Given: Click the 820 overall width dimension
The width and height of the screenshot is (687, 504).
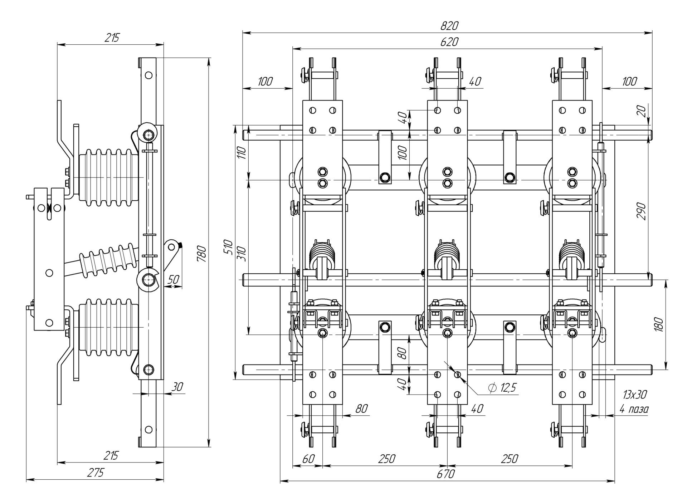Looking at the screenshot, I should (449, 26).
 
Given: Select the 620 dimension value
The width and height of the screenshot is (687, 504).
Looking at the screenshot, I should (449, 42).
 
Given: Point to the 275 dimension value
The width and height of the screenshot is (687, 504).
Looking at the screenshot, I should (96, 473).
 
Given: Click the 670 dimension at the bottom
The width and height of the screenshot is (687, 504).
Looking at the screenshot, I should (445, 474).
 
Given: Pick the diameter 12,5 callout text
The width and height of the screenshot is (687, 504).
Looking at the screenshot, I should (502, 388).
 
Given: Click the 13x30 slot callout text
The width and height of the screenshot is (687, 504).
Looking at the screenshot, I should (634, 395).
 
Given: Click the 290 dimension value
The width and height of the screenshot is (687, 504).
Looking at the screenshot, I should (642, 211).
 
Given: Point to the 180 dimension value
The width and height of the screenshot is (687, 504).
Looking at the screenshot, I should (659, 324).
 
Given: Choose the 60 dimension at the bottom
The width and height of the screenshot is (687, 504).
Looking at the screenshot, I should (308, 459).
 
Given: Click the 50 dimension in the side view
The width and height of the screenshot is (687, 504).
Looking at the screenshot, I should (173, 279).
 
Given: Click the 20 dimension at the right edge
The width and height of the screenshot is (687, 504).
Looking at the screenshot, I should (642, 111).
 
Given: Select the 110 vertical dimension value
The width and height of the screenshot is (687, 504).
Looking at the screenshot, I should (242, 153).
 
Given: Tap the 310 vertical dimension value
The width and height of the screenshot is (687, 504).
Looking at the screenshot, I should (242, 254).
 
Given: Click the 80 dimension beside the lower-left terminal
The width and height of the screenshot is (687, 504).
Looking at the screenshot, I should (361, 408).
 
